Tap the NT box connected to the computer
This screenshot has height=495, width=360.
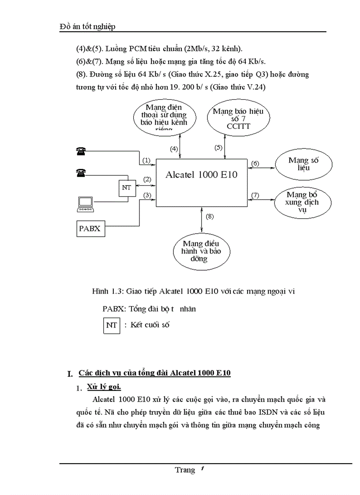tap(125, 188)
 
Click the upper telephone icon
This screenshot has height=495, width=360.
tap(81, 152)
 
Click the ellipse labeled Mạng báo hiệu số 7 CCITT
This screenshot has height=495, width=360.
tap(238, 119)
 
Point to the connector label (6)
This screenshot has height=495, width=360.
tap(255, 164)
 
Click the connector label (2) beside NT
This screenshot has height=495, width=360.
tap(146, 179)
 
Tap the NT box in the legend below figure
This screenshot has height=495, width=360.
tap(112, 325)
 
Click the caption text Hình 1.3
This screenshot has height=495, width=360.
tap(107, 291)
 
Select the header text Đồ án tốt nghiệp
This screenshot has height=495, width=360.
tap(87, 27)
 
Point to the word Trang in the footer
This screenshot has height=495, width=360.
tap(184, 470)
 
